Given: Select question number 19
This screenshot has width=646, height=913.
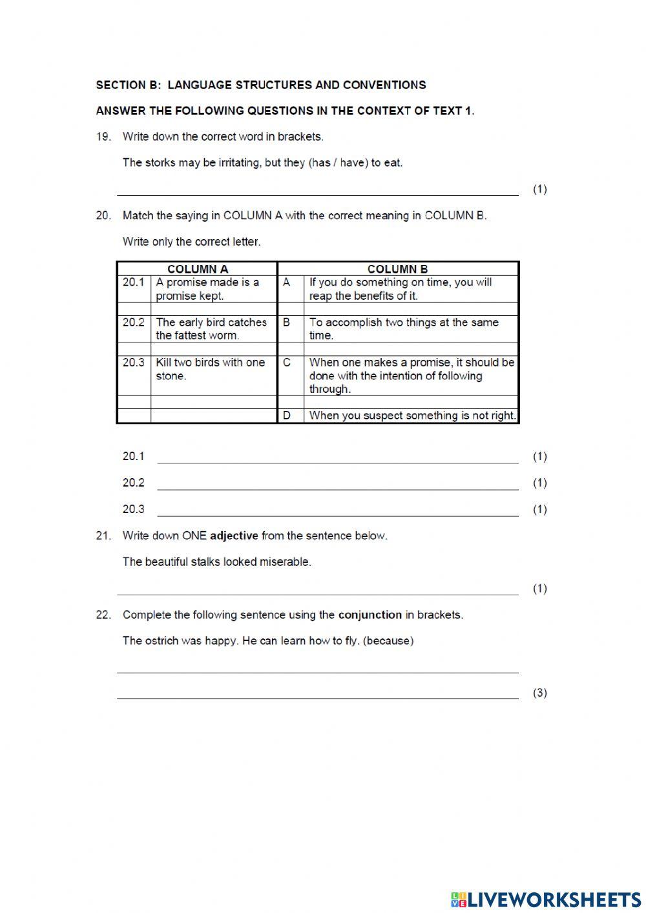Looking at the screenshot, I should [x=103, y=136].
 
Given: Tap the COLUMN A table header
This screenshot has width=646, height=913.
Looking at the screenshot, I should [x=197, y=269].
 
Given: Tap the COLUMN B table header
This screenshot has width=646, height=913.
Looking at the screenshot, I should [x=397, y=269].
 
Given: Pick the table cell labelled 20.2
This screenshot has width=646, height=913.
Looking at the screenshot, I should [x=134, y=322].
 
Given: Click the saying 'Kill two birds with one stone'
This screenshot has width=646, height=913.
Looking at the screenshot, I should [x=210, y=369].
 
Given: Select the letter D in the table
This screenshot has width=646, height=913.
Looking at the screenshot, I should [x=287, y=415].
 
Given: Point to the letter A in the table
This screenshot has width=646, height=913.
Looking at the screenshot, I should [x=287, y=282].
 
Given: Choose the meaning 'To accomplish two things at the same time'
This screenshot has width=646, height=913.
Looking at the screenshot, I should [x=403, y=328].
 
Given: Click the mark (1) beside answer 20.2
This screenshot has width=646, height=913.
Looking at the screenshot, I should [x=539, y=483].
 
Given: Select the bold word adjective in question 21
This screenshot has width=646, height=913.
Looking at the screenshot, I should [x=234, y=536].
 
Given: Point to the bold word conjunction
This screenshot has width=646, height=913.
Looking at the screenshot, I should [x=370, y=614].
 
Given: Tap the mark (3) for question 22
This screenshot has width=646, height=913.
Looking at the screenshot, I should [x=539, y=693].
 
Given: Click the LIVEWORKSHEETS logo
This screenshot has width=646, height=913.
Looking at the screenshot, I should [x=546, y=899].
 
